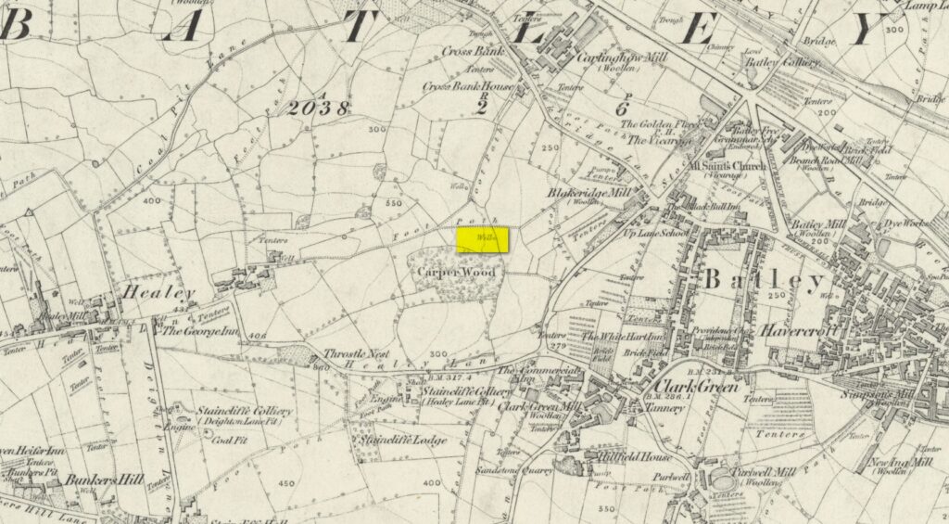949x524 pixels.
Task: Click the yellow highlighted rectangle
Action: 484,238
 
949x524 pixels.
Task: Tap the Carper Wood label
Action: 455,274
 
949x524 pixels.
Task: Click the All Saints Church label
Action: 728,166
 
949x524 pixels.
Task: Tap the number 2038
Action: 319,109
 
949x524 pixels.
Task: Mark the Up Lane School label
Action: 656,237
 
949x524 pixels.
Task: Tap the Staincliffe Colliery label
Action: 244,411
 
